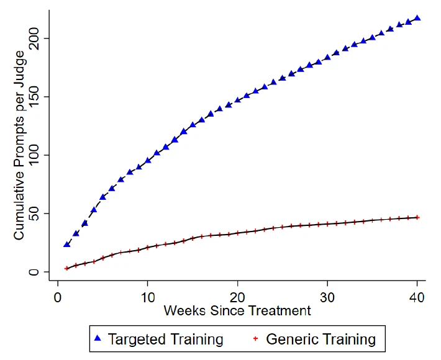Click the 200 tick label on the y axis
34,38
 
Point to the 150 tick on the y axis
34,97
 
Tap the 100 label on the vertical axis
34,155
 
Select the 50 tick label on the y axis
34,214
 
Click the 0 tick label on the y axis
34,272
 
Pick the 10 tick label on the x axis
148,297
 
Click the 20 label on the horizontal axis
238,297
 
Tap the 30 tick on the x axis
327,297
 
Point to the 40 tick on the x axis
417,297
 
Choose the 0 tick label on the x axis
58,297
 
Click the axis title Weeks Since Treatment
237,310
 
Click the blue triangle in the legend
98,338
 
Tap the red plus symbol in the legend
255,339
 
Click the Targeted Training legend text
166,339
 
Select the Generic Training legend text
321,339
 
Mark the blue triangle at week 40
417,18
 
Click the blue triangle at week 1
67,245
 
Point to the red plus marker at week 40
417,217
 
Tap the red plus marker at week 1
67,268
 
